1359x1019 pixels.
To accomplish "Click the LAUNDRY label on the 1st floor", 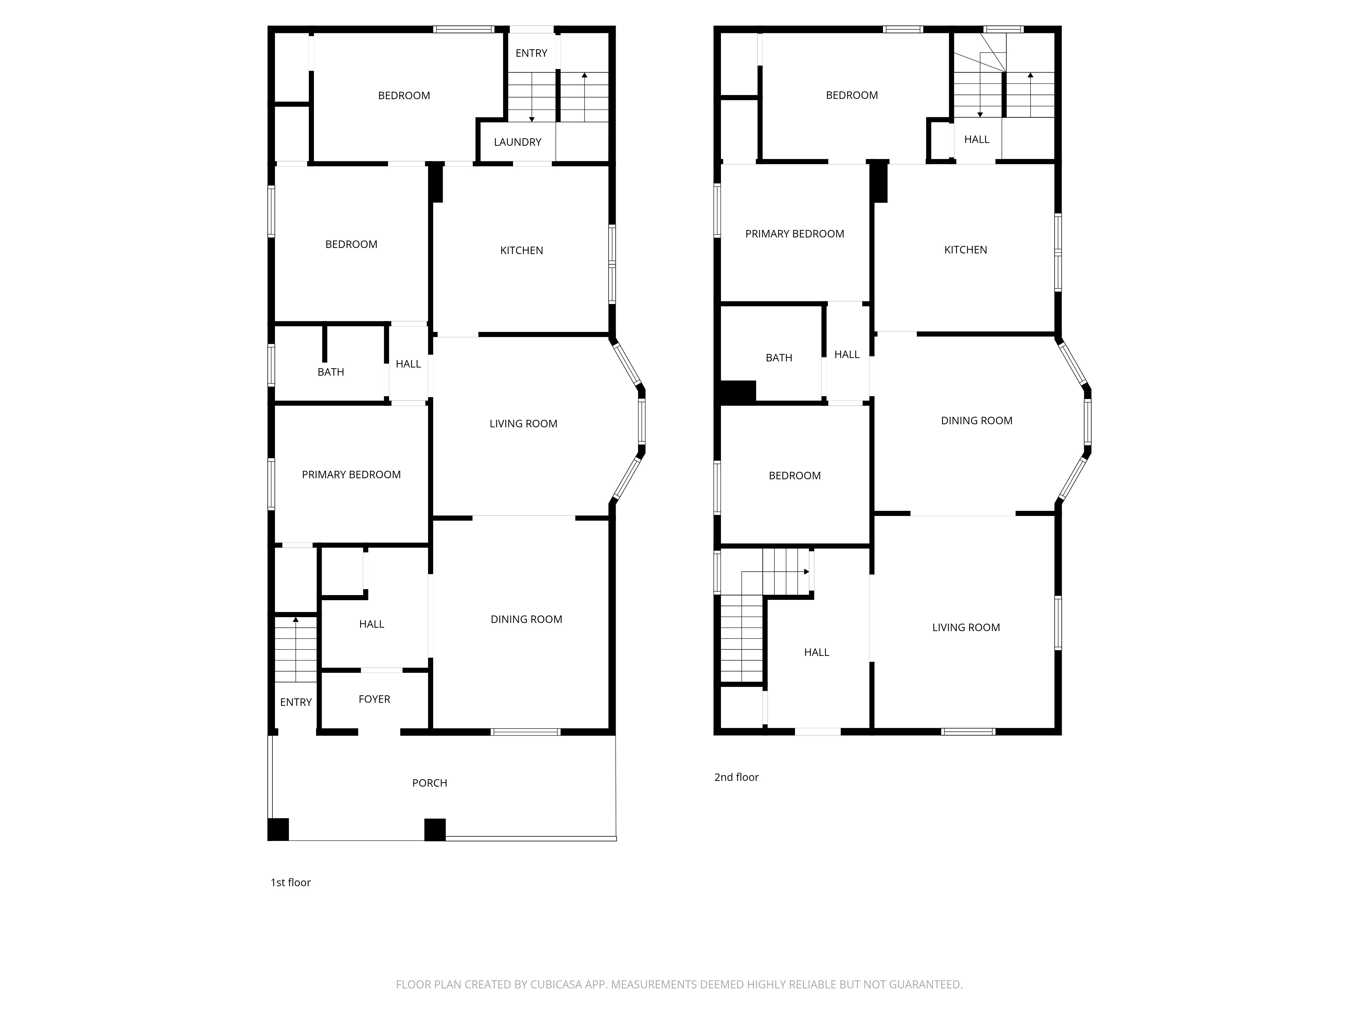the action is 517,142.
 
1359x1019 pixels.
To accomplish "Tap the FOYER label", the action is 374,699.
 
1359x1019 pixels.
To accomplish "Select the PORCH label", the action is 429,783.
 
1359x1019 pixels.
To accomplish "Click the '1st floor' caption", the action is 290,883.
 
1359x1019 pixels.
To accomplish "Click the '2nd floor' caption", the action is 736,777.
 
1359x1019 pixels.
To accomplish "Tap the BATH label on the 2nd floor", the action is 778,357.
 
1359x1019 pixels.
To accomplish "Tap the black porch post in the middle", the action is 435,829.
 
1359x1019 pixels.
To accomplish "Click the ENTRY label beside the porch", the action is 296,702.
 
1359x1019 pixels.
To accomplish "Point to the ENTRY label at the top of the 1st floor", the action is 531,53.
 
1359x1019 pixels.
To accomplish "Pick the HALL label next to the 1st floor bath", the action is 408,364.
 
